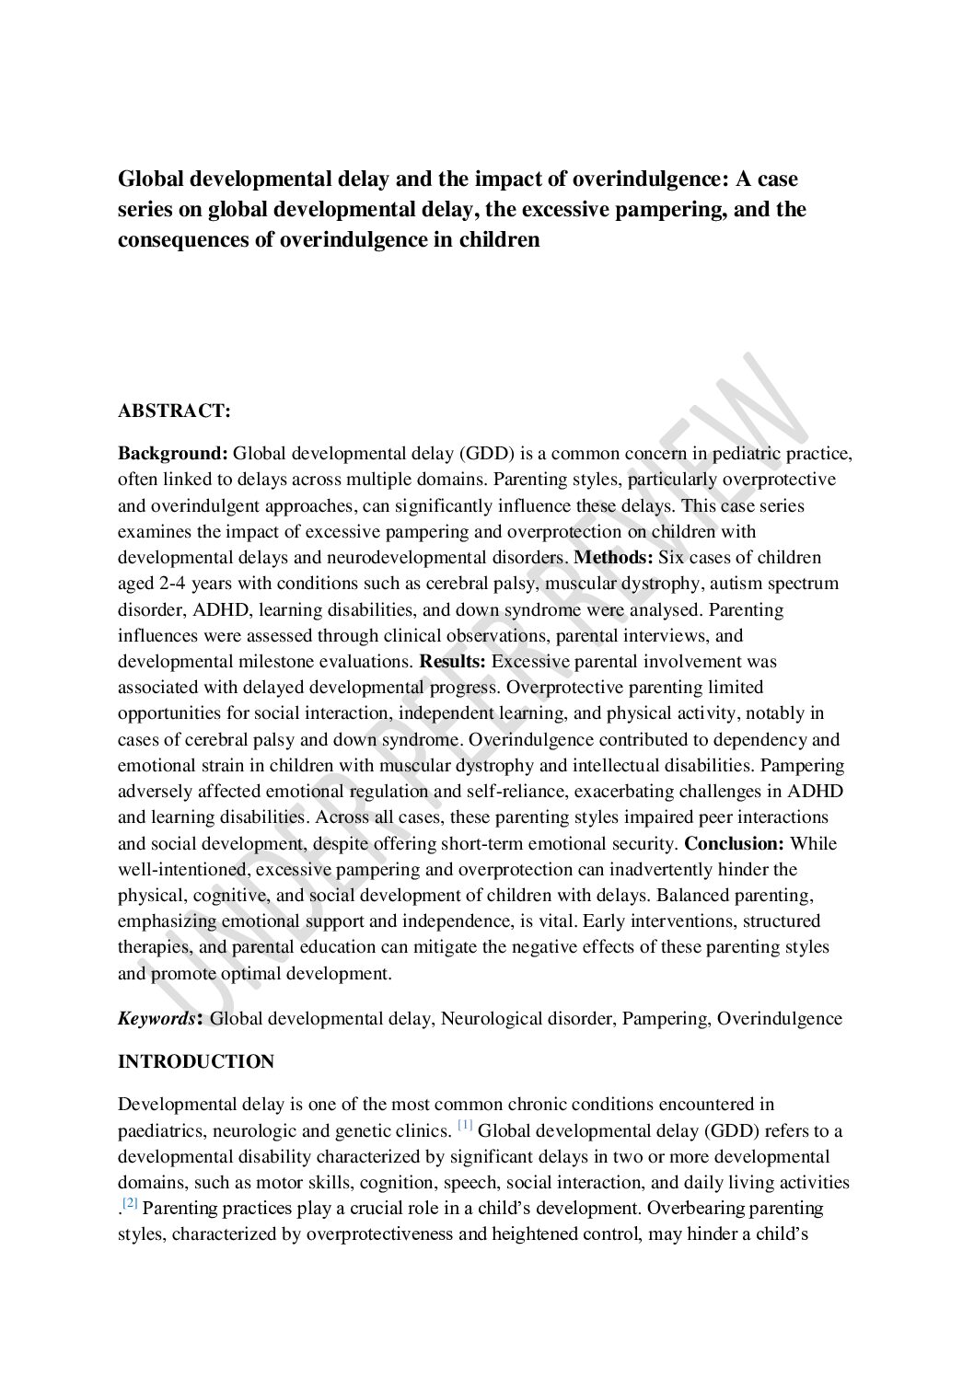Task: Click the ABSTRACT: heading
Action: tap(174, 411)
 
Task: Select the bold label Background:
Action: tap(172, 453)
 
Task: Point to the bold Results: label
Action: tap(454, 661)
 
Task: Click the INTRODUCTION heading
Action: tap(196, 1061)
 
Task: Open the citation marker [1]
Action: tap(465, 1126)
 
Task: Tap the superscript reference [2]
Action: tap(130, 1204)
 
